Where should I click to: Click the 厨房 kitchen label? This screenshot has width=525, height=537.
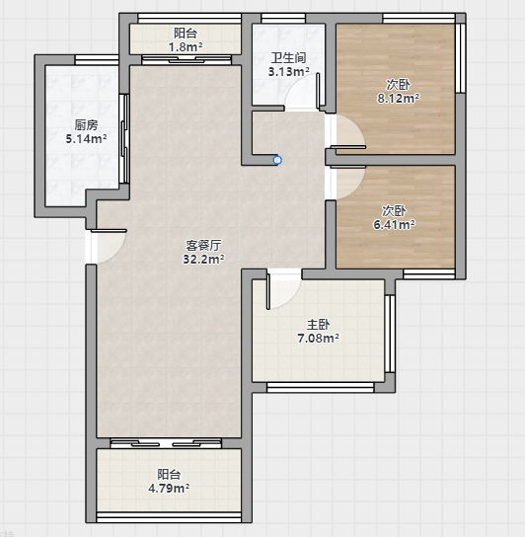[x=86, y=125]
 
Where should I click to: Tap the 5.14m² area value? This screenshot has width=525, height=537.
[x=86, y=139]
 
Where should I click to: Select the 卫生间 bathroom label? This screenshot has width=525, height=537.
[x=289, y=58]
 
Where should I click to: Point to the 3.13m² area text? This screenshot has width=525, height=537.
[x=289, y=72]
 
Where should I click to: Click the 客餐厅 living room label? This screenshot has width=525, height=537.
[x=203, y=245]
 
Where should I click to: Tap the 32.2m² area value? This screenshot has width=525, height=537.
[x=203, y=260]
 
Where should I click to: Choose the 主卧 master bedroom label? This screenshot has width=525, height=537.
[x=318, y=324]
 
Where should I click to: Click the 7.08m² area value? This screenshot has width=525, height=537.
[x=318, y=339]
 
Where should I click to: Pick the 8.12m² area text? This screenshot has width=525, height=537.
[x=399, y=99]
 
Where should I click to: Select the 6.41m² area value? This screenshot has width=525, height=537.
[x=394, y=225]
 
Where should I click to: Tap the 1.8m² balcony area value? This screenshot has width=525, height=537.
[x=186, y=47]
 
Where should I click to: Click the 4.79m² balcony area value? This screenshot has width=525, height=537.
[x=169, y=488]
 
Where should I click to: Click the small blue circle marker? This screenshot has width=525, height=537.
[x=277, y=160]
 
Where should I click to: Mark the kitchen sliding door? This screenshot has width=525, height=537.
[x=125, y=139]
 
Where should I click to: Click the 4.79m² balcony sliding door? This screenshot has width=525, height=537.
[x=166, y=444]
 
